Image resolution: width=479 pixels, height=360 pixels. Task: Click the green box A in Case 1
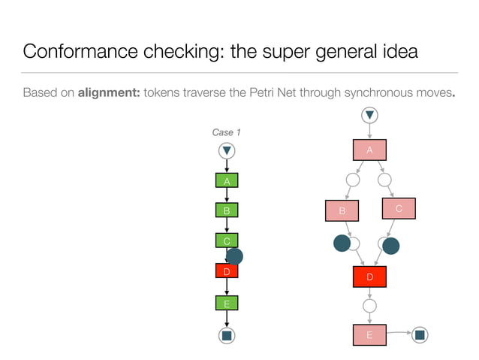point(226,180)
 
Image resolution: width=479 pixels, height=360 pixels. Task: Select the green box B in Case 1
point(226,210)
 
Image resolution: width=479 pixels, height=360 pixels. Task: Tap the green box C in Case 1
point(226,241)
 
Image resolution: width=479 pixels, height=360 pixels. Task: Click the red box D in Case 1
point(226,271)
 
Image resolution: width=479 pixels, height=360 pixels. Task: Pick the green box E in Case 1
point(226,304)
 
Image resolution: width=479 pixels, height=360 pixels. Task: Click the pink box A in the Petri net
point(369,150)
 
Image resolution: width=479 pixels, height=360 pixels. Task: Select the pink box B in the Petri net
point(342,211)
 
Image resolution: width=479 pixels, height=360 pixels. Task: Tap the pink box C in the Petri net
point(398,209)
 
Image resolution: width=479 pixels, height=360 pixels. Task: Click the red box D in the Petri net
point(369,277)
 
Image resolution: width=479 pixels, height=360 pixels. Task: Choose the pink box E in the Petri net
point(369,335)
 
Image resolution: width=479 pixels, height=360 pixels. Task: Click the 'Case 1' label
point(226,132)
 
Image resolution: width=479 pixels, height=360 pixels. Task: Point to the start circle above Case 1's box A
point(226,151)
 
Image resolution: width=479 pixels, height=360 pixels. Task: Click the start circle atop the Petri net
point(369,116)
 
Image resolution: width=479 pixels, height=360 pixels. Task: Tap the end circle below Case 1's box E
point(226,335)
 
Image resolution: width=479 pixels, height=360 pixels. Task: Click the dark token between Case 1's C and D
point(234,256)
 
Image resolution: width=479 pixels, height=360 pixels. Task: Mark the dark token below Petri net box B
point(342,243)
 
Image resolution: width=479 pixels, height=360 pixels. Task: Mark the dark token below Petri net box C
point(390,246)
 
